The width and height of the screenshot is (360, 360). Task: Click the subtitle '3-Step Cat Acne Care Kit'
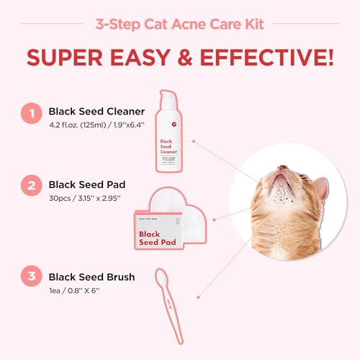pos(180,23)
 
